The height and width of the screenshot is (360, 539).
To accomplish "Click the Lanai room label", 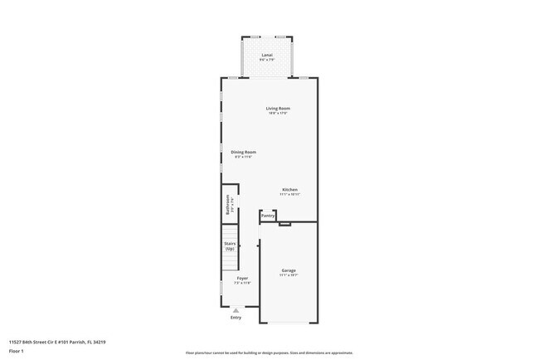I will pyautogui.click(x=267, y=55).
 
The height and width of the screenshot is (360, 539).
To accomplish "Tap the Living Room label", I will pyautogui.click(x=278, y=109).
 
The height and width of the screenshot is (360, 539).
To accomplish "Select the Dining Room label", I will pyautogui.click(x=243, y=152).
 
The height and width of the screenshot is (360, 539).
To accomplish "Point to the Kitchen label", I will pyautogui.click(x=289, y=189).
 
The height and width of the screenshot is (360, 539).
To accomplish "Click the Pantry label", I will pyautogui.click(x=268, y=216).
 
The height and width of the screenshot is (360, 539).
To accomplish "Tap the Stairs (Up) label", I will pyautogui.click(x=230, y=246).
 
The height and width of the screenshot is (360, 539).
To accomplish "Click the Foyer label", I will pyautogui.click(x=242, y=278).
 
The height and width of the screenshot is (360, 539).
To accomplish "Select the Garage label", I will pyautogui.click(x=289, y=270).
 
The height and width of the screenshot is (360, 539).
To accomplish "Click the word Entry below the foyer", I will pyautogui.click(x=236, y=317).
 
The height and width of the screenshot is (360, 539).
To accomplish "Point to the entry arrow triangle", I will pyautogui.click(x=236, y=310).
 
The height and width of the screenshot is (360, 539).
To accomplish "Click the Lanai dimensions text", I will pyautogui.click(x=267, y=60).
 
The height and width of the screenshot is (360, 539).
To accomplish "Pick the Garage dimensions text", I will pyautogui.click(x=289, y=275).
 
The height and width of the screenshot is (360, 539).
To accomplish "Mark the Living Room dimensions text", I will pyautogui.click(x=278, y=114).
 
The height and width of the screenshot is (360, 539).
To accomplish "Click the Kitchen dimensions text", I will pyautogui.click(x=289, y=194).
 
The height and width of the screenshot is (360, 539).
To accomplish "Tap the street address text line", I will pyautogui.click(x=56, y=342).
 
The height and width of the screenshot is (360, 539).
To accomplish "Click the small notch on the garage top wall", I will pyautogui.click(x=284, y=224).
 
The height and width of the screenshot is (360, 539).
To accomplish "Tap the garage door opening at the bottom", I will pyautogui.click(x=289, y=323).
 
